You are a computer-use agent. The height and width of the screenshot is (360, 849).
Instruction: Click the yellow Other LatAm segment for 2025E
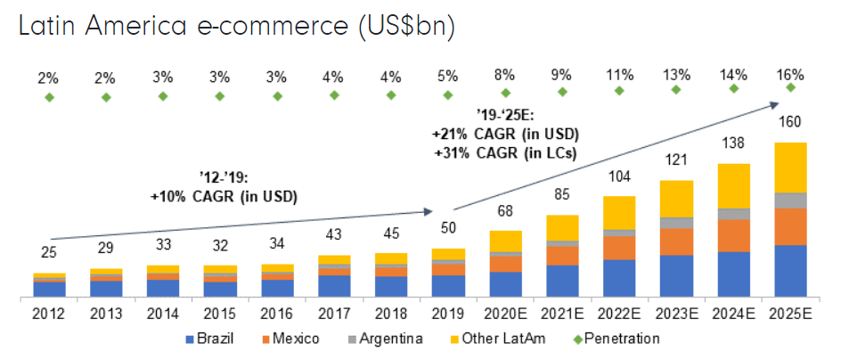point(790,168)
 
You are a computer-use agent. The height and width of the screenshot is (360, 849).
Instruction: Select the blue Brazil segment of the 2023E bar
point(676,275)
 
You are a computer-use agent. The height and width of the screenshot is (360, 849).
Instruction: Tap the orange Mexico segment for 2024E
point(733,235)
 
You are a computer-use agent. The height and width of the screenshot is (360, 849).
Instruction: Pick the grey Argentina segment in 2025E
point(790,200)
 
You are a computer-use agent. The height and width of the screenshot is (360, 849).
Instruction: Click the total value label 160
point(790,121)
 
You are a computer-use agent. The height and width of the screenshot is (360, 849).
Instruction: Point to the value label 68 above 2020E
point(506,210)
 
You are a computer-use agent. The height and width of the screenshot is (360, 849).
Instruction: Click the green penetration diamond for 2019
point(449,93)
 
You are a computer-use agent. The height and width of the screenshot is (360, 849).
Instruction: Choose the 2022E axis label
point(619,314)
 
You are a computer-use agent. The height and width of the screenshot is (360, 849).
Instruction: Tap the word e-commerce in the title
point(249,27)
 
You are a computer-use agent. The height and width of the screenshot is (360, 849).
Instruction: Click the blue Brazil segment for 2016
point(278,287)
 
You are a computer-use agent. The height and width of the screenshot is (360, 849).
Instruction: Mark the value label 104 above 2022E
point(619,176)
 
